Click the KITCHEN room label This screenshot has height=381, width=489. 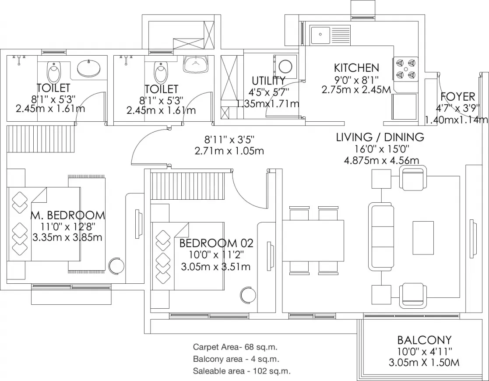356,68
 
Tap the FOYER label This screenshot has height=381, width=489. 457,96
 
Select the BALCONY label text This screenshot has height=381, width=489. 424,340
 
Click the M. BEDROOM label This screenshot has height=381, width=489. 68,215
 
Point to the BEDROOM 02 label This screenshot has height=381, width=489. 216,243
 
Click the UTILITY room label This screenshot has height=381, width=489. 268,81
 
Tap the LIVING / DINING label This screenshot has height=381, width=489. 380,137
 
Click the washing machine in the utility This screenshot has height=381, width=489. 285,67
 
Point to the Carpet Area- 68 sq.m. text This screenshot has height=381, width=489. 236,347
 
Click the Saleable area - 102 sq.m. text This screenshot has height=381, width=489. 242,371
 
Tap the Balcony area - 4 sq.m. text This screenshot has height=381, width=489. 236,359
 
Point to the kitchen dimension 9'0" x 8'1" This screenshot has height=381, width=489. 356,79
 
